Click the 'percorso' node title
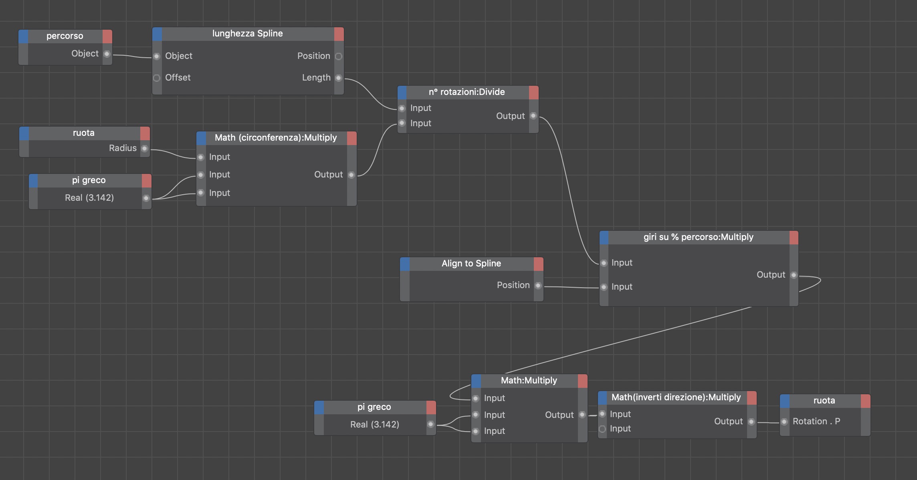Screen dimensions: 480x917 65,36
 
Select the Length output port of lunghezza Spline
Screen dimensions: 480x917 339,78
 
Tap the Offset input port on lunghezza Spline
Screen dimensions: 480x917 157,78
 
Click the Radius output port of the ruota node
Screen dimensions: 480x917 145,148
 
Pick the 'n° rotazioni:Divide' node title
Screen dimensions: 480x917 467,92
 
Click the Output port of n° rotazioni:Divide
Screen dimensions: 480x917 533,116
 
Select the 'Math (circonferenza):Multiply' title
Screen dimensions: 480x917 275,138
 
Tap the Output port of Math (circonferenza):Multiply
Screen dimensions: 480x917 351,175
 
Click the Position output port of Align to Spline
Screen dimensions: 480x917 538,285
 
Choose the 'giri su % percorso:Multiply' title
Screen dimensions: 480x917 698,237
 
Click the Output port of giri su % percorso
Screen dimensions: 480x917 794,275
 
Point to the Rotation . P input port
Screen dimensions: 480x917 784,422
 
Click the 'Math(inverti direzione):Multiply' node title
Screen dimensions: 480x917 676,397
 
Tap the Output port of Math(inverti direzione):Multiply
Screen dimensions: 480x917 751,422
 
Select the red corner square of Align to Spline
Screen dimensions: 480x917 539,264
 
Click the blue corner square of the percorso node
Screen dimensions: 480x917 24,36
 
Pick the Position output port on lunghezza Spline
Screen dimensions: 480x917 339,56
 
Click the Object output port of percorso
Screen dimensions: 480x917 107,54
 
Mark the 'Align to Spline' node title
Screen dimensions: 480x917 471,264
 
